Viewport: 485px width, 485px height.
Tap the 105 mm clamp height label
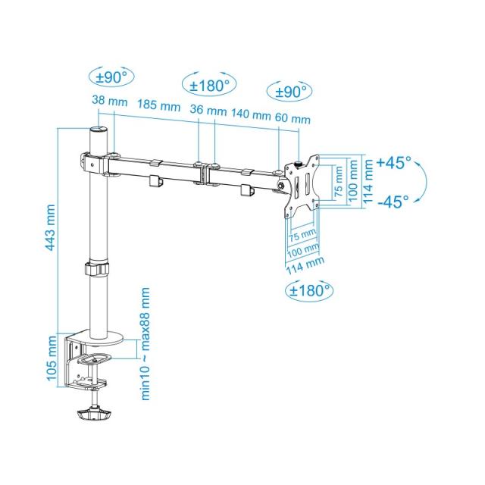click(x=50, y=358)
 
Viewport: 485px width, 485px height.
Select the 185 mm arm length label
click(x=159, y=106)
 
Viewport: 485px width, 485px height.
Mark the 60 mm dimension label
click(x=292, y=119)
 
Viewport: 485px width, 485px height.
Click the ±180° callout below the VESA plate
click(x=309, y=289)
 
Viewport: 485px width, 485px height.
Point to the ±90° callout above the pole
click(x=111, y=77)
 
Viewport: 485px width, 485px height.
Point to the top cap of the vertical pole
click(x=99, y=131)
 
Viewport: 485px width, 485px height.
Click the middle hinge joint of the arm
click(x=206, y=171)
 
